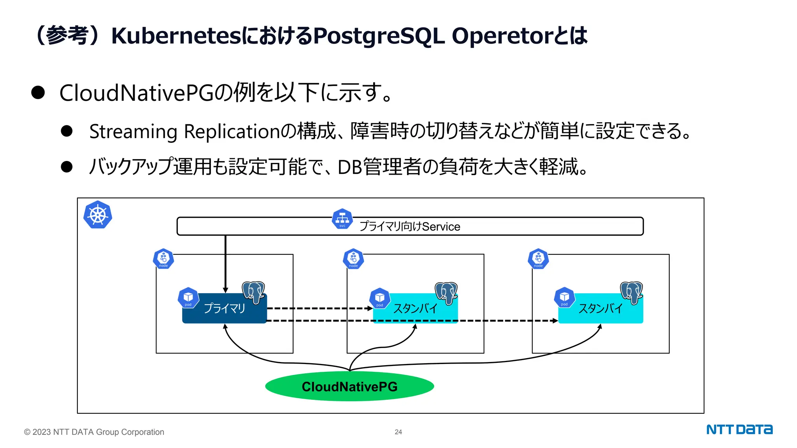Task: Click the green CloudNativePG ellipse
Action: [349, 386]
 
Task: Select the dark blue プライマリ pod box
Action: [225, 308]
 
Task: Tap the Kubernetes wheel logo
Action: [98, 215]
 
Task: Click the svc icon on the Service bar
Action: [342, 219]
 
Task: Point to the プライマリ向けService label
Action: [410, 226]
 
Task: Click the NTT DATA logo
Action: [739, 429]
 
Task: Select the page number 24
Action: [398, 432]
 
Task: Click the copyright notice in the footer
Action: [94, 432]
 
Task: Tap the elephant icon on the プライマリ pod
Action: [253, 292]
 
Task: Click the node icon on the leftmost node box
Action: [163, 259]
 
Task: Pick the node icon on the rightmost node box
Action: [538, 259]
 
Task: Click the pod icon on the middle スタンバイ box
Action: [380, 298]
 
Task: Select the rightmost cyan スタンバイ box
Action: [600, 309]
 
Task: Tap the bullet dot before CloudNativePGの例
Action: [38, 93]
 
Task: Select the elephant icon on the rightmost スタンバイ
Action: [631, 292]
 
